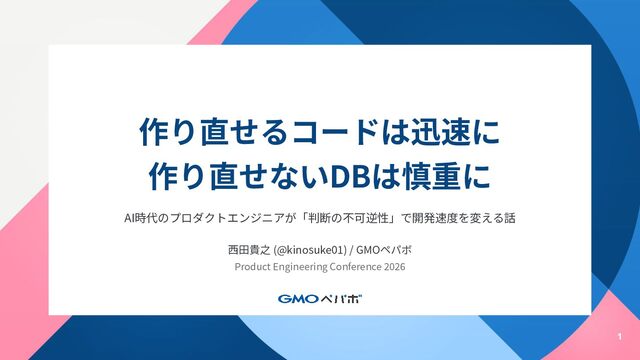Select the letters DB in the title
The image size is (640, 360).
349,177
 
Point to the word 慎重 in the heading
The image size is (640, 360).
432,177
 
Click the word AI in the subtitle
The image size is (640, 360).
129,218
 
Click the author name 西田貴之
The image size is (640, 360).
249,250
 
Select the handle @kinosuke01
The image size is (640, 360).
310,250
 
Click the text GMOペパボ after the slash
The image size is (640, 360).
384,250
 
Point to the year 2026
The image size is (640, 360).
394,267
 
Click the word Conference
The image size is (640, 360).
355,267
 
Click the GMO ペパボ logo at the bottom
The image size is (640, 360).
320,299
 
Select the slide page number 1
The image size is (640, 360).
620,337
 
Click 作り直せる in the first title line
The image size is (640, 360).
215,132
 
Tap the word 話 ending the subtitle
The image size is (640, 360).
510,218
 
